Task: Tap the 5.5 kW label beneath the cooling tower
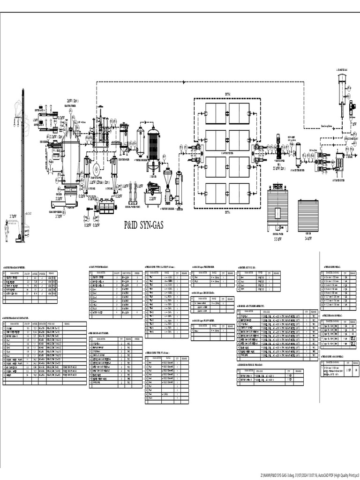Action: tap(278, 238)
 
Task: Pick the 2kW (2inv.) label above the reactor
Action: tap(72, 101)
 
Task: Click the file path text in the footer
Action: tap(309, 474)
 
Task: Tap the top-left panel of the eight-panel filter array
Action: tap(217, 113)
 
